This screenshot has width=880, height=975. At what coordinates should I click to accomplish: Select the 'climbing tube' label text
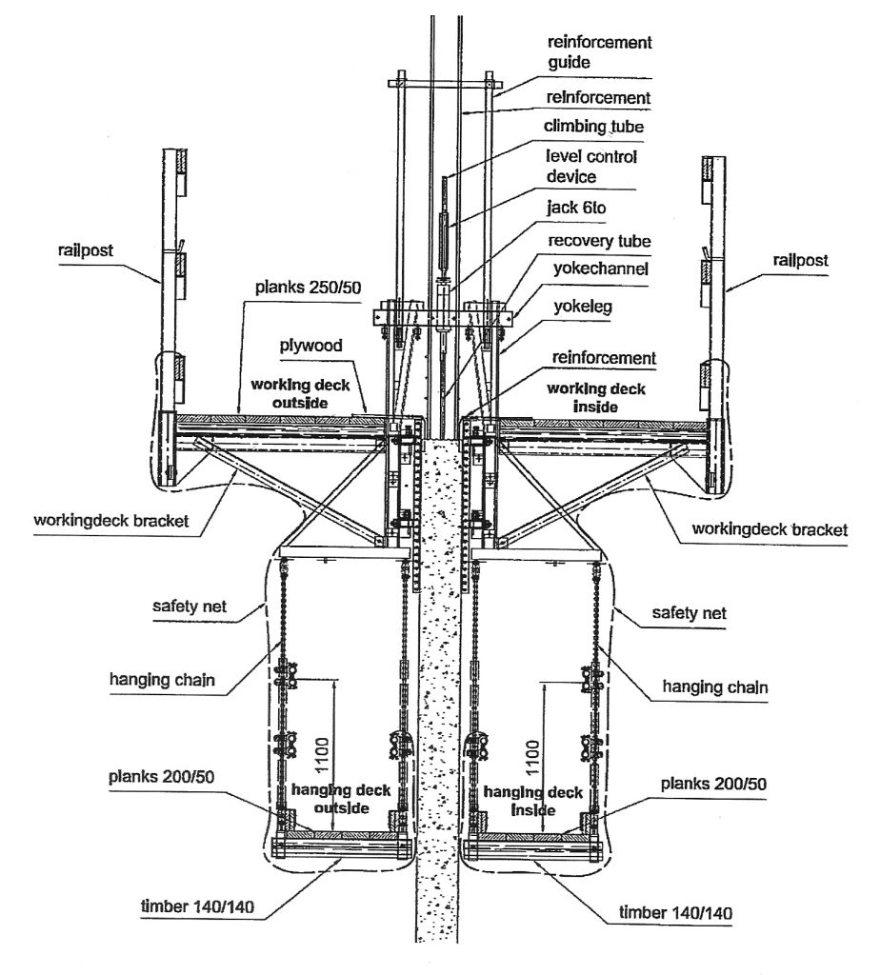[593, 126]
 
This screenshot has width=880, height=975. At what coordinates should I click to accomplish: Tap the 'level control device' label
[590, 166]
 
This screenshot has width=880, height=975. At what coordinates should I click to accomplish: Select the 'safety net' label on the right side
[689, 614]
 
